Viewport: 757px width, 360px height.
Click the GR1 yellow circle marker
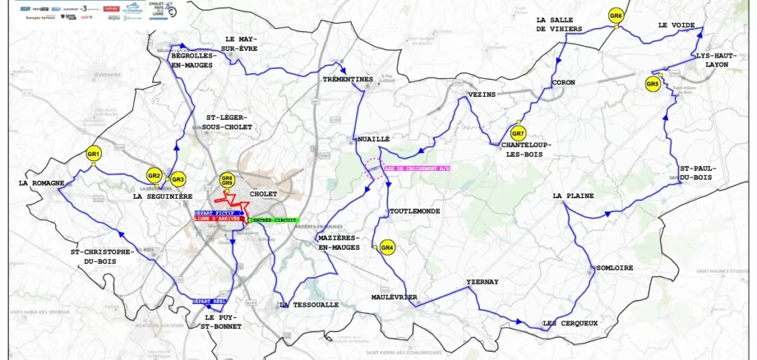tap(93, 154)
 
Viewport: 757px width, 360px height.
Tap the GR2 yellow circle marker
tap(154, 175)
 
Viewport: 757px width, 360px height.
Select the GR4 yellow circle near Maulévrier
tap(387, 248)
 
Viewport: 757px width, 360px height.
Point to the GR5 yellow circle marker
tap(652, 84)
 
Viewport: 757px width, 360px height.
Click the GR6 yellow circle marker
tap(616, 16)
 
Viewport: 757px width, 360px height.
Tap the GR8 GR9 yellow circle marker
tap(227, 180)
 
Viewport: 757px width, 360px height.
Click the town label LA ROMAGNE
tap(38, 183)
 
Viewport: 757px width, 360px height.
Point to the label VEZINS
tap(481, 95)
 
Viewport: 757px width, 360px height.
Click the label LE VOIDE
tap(676, 25)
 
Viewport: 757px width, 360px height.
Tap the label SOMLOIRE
tap(614, 268)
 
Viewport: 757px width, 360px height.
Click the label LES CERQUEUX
tap(569, 324)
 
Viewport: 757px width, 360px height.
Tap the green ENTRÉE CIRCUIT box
tap(275, 221)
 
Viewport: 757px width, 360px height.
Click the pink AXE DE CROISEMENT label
tap(417, 169)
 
